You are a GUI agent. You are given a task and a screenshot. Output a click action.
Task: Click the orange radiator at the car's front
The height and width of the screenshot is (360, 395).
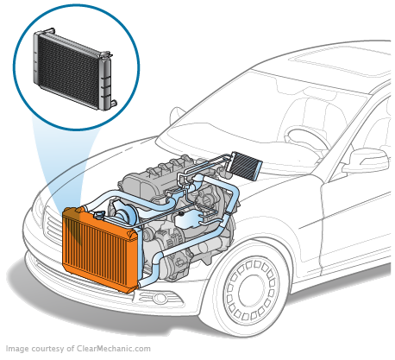[x=99, y=248]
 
